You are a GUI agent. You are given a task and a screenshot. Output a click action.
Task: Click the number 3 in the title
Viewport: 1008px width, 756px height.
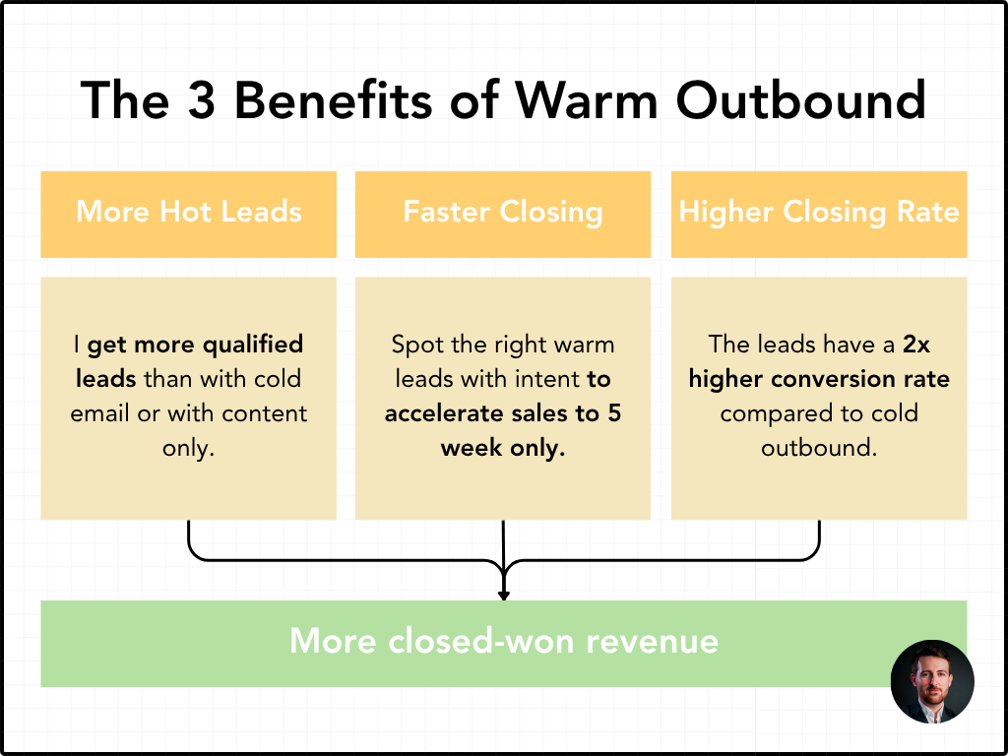[x=203, y=99]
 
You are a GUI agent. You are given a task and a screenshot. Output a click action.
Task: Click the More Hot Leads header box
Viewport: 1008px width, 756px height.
[x=188, y=214]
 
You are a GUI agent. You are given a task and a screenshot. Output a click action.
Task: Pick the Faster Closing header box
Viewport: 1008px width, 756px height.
[x=503, y=214]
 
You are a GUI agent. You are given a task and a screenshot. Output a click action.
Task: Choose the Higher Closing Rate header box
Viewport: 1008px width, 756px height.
[x=819, y=214]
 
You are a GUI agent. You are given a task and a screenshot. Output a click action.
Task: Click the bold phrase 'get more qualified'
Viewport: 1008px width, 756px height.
[x=195, y=345]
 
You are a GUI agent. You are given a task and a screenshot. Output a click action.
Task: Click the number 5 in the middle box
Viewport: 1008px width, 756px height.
[x=613, y=413]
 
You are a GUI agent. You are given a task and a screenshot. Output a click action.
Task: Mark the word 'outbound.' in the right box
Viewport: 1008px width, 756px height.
[x=819, y=447]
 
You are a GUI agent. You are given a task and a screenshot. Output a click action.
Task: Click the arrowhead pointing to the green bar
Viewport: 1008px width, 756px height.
[x=504, y=594]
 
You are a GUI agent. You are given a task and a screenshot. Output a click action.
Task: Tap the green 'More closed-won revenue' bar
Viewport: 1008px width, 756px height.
[x=503, y=643]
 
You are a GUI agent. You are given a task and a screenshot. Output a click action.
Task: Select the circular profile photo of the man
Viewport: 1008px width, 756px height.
[x=932, y=682]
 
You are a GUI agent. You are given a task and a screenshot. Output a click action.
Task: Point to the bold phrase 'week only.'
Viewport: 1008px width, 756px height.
[x=503, y=447]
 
